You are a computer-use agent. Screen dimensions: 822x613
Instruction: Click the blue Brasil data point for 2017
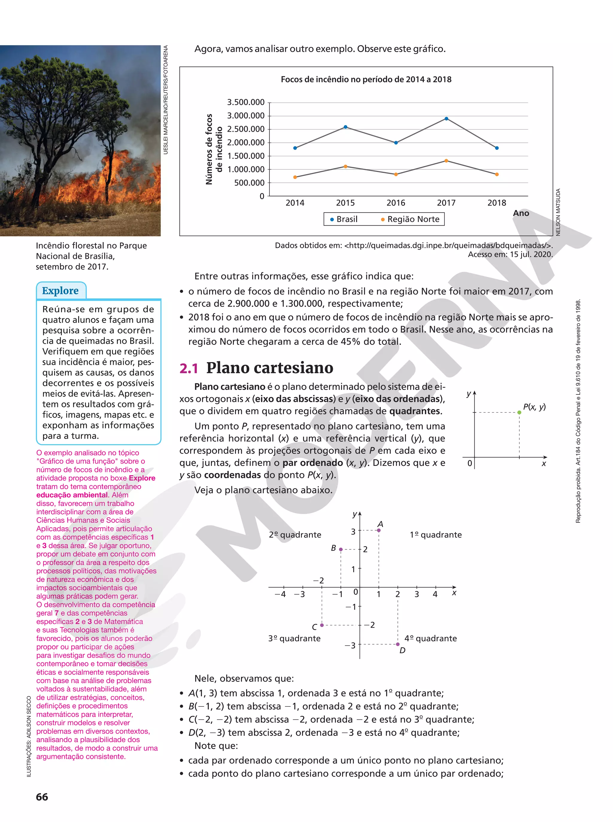(x=446, y=119)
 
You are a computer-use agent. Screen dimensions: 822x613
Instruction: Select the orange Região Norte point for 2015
(x=345, y=167)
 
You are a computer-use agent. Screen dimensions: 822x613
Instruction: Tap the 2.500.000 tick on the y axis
(x=246, y=129)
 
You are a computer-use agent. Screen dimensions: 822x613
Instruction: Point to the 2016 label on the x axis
(x=396, y=203)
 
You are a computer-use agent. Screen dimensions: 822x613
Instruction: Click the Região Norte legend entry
(x=410, y=219)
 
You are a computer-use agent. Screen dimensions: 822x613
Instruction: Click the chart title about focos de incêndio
(x=366, y=79)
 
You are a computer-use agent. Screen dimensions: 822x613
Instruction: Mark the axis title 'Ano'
(x=521, y=213)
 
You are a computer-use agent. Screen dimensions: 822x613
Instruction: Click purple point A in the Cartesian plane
(x=379, y=531)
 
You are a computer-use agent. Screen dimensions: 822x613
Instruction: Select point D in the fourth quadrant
(x=398, y=644)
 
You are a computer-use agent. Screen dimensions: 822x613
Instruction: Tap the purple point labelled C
(x=322, y=625)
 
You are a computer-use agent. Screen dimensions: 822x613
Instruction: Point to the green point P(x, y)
(x=519, y=412)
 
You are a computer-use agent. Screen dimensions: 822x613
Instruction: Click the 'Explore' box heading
(x=60, y=291)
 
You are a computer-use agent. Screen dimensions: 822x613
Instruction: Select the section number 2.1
(x=189, y=368)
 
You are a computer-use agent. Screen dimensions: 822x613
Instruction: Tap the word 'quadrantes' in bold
(x=415, y=411)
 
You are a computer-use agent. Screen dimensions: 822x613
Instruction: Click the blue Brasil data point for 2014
(x=295, y=148)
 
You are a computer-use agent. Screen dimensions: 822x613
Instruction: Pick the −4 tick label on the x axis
(x=280, y=594)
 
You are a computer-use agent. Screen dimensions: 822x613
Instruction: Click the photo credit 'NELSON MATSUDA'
(x=558, y=212)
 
